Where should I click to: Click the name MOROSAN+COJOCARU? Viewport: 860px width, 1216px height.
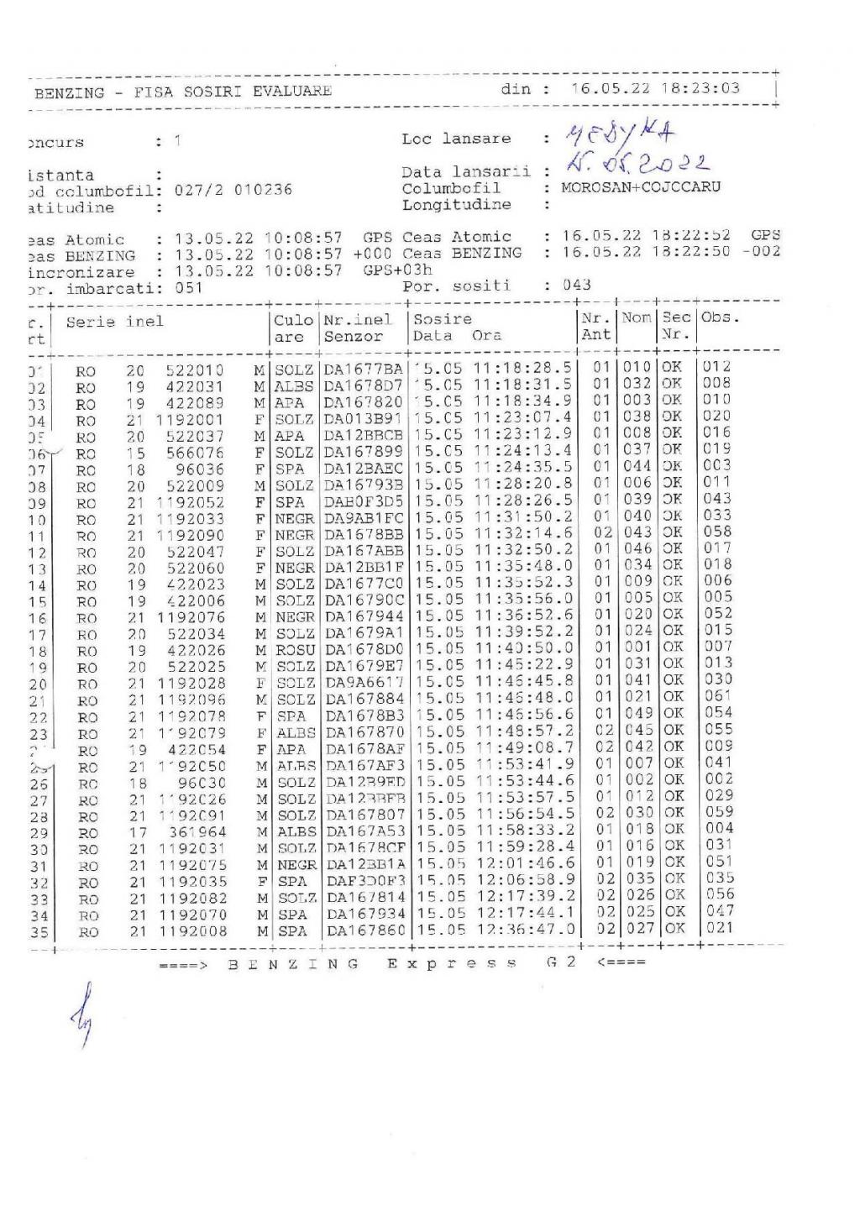click(641, 187)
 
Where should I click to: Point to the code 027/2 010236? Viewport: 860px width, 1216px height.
click(233, 190)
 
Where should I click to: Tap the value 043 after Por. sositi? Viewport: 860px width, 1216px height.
click(577, 285)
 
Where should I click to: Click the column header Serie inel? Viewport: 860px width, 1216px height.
click(115, 321)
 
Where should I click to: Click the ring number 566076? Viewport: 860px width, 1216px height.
click(195, 453)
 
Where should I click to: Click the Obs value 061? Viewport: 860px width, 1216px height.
click(719, 696)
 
